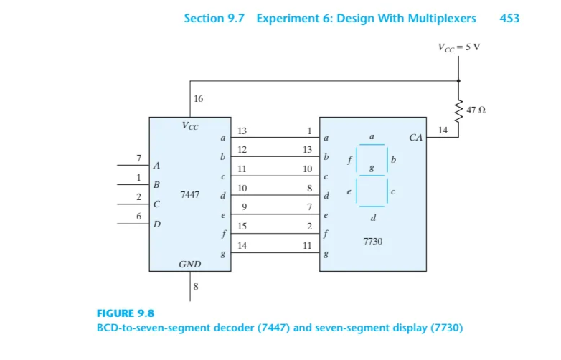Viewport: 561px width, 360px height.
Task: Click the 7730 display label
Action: click(372, 242)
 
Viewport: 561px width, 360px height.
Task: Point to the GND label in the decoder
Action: click(189, 265)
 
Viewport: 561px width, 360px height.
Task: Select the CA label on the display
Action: click(415, 137)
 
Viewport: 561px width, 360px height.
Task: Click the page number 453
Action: click(509, 18)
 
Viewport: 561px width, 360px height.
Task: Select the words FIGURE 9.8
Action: click(125, 313)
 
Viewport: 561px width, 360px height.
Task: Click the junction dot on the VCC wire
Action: click(459, 80)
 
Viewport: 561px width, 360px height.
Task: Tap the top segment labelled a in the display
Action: click(372, 146)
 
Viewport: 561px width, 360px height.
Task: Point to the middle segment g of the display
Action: click(372, 175)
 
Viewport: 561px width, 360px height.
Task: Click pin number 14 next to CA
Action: click(443, 129)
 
